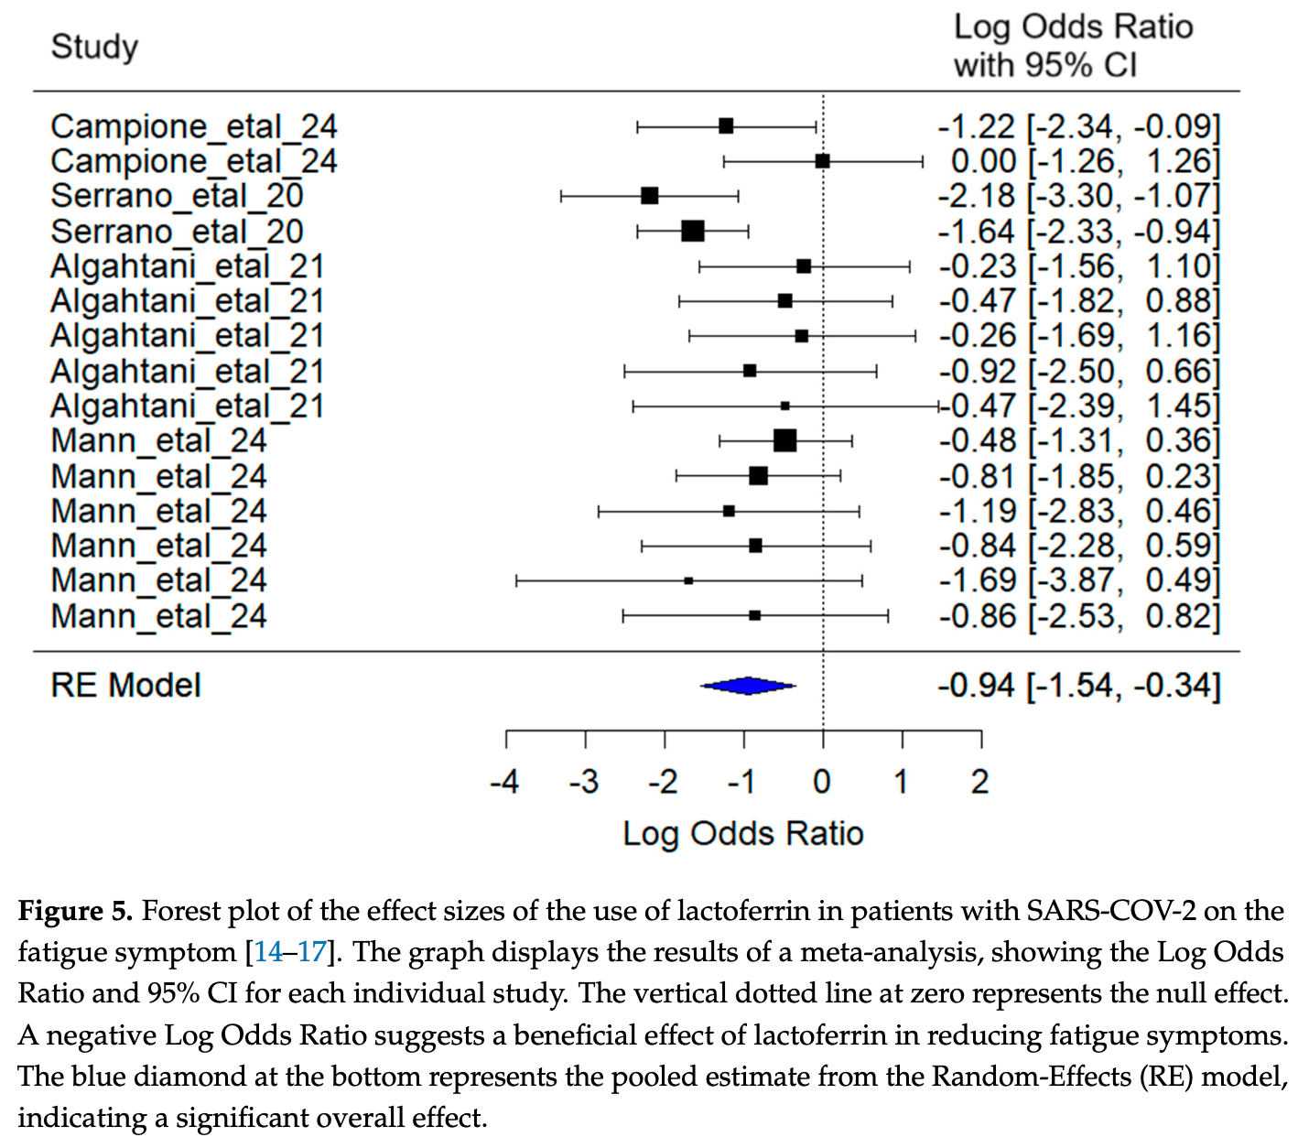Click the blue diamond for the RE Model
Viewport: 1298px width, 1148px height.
click(749, 686)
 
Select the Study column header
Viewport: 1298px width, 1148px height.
click(94, 47)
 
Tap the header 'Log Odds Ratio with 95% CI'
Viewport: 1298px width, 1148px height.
click(1073, 46)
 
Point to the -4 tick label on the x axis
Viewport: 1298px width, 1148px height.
click(504, 783)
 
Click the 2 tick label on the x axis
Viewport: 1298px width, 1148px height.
click(980, 783)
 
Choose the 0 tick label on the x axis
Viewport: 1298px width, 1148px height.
click(822, 783)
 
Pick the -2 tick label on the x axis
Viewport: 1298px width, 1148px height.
click(663, 783)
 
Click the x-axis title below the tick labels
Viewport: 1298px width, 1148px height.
click(743, 834)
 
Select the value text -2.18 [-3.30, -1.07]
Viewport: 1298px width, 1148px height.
click(1079, 196)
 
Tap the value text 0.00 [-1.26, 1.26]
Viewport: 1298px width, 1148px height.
click(1086, 161)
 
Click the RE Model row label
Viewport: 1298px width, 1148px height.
click(125, 686)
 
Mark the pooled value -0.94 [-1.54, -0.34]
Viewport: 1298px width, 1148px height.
click(1079, 686)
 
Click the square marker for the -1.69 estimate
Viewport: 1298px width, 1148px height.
click(688, 580)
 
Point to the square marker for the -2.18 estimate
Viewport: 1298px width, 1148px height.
click(650, 196)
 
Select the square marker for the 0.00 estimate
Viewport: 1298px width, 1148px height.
click(823, 161)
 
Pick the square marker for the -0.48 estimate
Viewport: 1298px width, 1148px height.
click(785, 441)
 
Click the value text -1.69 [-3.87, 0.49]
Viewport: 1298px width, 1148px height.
click(1079, 580)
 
